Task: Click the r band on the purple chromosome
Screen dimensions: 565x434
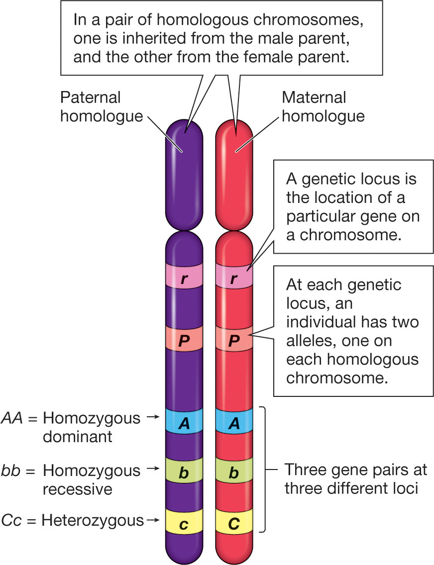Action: point(184,280)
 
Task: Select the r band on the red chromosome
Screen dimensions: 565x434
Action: point(234,280)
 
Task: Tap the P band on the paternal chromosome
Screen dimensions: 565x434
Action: point(184,341)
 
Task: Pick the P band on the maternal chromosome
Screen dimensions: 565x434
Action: point(234,341)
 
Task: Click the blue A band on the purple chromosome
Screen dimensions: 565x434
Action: point(184,422)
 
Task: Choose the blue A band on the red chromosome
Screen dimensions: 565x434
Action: point(234,422)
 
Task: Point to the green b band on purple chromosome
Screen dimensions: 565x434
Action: point(184,473)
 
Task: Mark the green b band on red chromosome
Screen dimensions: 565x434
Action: point(234,473)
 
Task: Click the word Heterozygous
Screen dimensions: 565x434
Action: point(93,520)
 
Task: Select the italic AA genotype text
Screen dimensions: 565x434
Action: point(12,418)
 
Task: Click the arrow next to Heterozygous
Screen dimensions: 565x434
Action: point(154,520)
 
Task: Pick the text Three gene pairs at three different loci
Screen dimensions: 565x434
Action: point(355,478)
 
